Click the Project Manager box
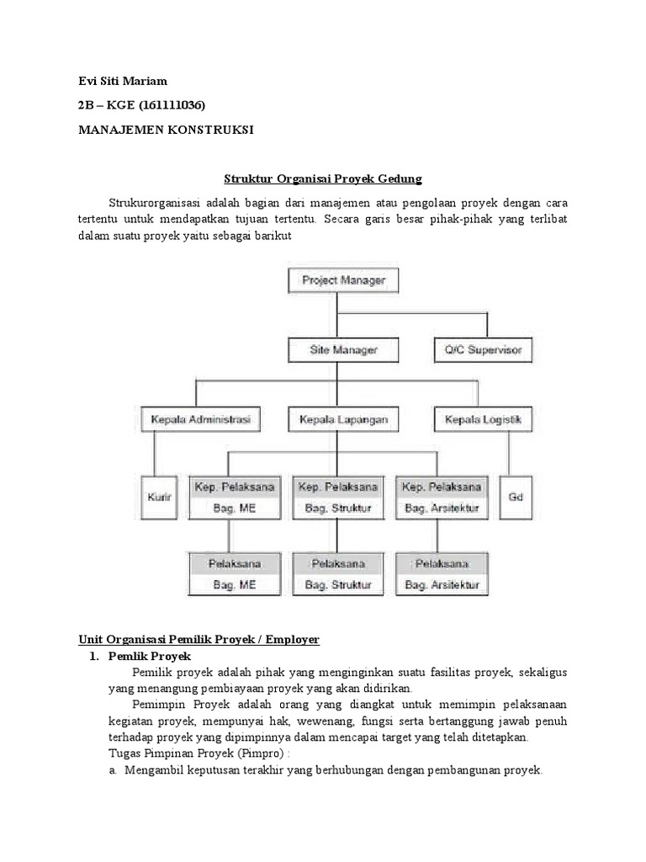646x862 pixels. coord(337,280)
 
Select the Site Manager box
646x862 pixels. coord(337,349)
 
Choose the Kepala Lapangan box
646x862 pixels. coord(337,418)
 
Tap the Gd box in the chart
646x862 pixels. coord(516,497)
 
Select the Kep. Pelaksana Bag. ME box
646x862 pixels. coord(225,497)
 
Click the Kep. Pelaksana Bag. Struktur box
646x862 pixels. coord(336,497)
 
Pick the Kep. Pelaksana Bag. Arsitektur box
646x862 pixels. coord(442,497)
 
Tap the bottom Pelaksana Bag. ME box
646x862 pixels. coord(225,573)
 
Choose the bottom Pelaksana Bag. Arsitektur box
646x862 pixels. coord(442,573)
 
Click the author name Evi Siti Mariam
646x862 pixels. coord(123,82)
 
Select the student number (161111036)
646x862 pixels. coord(167,105)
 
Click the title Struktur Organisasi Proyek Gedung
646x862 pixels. coord(322,179)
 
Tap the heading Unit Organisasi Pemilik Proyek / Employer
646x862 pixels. coord(199,640)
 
